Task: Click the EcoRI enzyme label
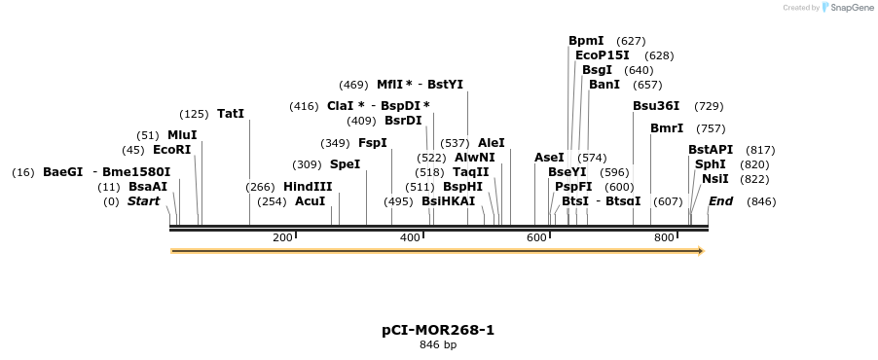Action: click(x=171, y=150)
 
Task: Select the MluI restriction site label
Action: click(x=181, y=135)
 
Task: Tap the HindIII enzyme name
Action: click(x=308, y=187)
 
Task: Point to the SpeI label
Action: click(x=345, y=164)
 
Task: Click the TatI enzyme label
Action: click(x=231, y=114)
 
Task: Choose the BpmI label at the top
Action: click(x=586, y=41)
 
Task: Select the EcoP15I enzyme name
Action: click(x=602, y=55)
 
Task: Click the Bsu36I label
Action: click(x=656, y=106)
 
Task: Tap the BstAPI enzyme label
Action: click(x=711, y=150)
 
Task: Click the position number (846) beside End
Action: click(x=761, y=201)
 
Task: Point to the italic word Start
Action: click(x=143, y=201)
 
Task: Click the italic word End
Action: click(x=720, y=201)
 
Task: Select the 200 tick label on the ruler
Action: click(x=282, y=237)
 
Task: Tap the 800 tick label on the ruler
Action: click(x=664, y=237)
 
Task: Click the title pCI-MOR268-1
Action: click(x=438, y=330)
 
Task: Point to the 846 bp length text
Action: click(x=438, y=345)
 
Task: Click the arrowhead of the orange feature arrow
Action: click(x=700, y=251)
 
